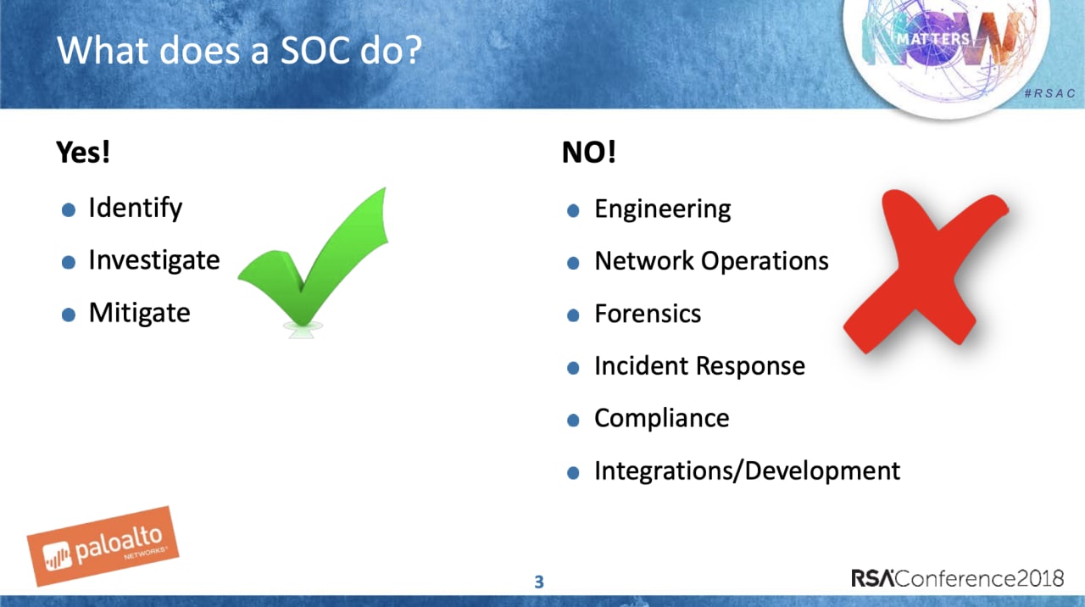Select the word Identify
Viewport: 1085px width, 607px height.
click(x=136, y=209)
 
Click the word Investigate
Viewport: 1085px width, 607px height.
click(x=154, y=260)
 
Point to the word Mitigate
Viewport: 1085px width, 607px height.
click(x=140, y=313)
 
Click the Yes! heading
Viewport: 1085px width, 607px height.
click(x=83, y=152)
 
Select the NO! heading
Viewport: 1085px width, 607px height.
click(x=589, y=152)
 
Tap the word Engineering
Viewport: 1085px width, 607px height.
click(x=663, y=209)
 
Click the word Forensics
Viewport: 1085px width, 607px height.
click(x=648, y=314)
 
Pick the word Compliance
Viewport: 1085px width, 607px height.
click(x=662, y=418)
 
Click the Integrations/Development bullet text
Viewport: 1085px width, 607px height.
click(x=747, y=471)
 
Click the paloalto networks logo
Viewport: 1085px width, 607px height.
click(x=103, y=547)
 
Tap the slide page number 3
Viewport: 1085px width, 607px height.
click(x=539, y=582)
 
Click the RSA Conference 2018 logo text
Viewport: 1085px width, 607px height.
click(x=958, y=578)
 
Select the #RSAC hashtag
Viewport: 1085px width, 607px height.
click(x=1049, y=93)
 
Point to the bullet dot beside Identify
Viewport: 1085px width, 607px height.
click(x=69, y=209)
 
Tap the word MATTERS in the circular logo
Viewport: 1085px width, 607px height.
click(x=933, y=39)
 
